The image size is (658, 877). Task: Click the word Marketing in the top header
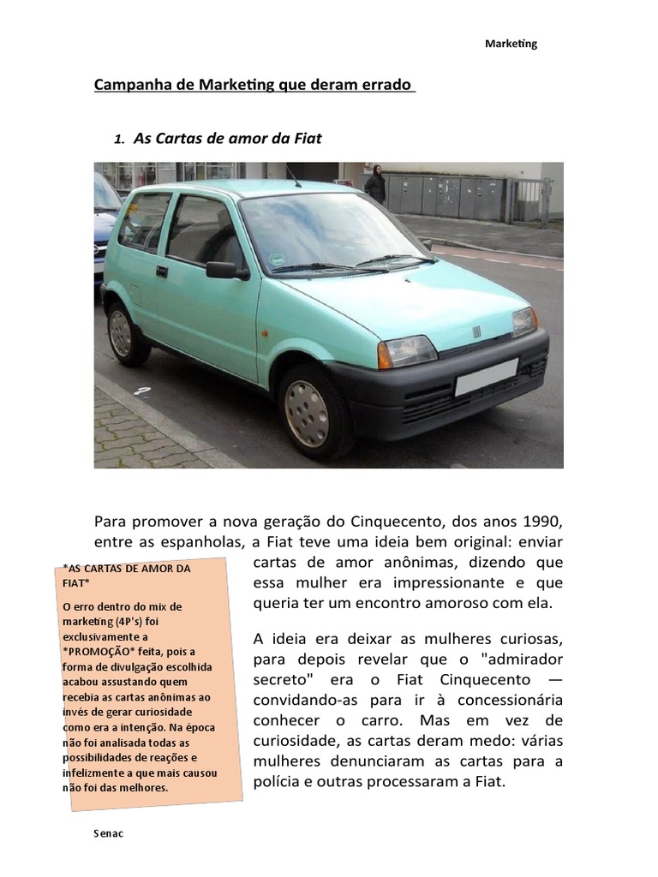[511, 44]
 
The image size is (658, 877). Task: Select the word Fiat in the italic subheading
[306, 137]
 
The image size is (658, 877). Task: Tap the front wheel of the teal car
[307, 412]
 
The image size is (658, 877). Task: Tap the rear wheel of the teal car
[122, 333]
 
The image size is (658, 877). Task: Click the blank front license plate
[486, 377]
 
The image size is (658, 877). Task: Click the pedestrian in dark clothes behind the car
[375, 184]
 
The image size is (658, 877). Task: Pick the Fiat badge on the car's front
[476, 331]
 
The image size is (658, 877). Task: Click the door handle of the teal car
[161, 271]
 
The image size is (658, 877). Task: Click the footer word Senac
[108, 833]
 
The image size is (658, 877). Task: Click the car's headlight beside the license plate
[408, 350]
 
